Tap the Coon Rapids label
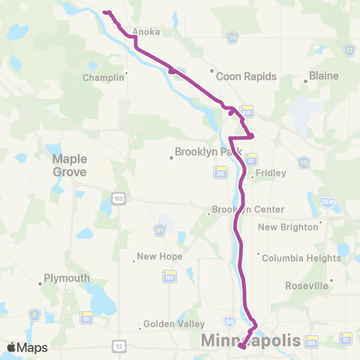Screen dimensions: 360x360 point(246,76)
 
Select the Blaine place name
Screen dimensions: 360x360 point(324,76)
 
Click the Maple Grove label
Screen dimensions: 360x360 point(70,165)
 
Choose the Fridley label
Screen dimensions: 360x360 point(271,173)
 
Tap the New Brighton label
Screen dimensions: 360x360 point(289,227)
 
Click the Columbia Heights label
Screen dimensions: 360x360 point(301,257)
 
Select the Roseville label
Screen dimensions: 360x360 point(307,286)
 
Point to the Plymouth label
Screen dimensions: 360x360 point(66,277)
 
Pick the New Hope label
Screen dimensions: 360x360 point(160,256)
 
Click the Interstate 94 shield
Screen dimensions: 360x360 point(228,322)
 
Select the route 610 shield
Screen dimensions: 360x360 point(247,109)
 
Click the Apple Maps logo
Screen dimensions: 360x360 point(27,347)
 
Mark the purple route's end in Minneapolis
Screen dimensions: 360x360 point(241,346)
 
